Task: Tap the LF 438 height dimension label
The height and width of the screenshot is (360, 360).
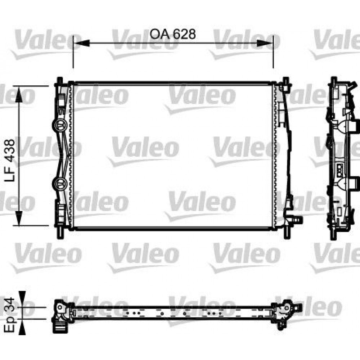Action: (10, 160)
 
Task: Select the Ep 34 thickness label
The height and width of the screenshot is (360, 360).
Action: (9, 315)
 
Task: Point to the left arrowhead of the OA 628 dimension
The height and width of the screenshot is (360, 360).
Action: (81, 43)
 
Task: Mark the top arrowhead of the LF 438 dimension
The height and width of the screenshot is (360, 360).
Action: (19, 94)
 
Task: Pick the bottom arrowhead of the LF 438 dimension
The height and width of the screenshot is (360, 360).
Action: (19, 218)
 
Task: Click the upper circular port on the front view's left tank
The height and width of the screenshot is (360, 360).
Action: (59, 125)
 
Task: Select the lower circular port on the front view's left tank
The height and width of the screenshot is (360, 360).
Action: (59, 184)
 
